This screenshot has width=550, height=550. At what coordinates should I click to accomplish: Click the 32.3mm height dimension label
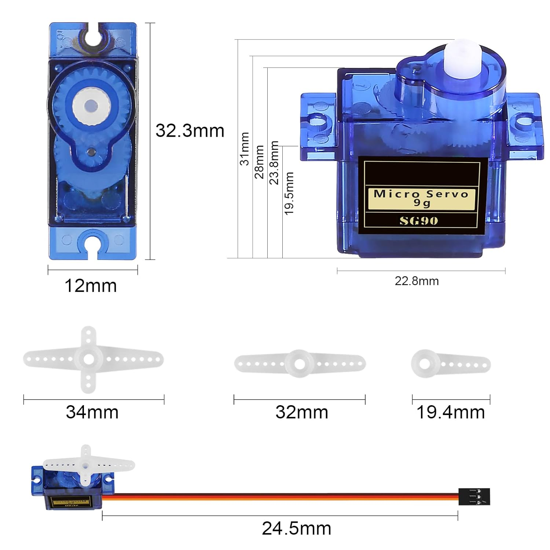(190, 131)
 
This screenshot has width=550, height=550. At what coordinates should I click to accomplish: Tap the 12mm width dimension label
(91, 286)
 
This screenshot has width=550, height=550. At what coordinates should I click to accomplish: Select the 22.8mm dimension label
(417, 281)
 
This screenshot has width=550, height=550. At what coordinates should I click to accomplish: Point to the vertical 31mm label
(245, 149)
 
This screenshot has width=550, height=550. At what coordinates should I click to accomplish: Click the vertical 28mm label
(259, 162)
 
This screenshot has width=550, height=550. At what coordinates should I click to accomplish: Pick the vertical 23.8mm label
(274, 162)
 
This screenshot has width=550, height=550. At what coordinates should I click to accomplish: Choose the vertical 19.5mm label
(289, 193)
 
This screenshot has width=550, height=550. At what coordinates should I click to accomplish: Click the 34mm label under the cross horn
(92, 412)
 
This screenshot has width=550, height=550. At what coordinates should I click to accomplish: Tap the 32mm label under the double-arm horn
(302, 412)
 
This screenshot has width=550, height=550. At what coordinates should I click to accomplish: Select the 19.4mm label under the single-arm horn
(451, 412)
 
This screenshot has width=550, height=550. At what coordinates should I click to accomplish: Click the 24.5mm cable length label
(296, 528)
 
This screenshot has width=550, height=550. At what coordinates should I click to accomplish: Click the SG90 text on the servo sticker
(419, 221)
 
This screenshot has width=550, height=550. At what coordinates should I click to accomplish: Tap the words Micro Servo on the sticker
(421, 194)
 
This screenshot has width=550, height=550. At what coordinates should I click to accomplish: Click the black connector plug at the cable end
(474, 497)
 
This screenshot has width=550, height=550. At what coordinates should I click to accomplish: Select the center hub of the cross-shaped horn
(88, 359)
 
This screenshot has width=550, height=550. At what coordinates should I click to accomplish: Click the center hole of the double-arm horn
(300, 364)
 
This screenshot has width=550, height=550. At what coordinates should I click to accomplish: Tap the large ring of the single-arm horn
(425, 364)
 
